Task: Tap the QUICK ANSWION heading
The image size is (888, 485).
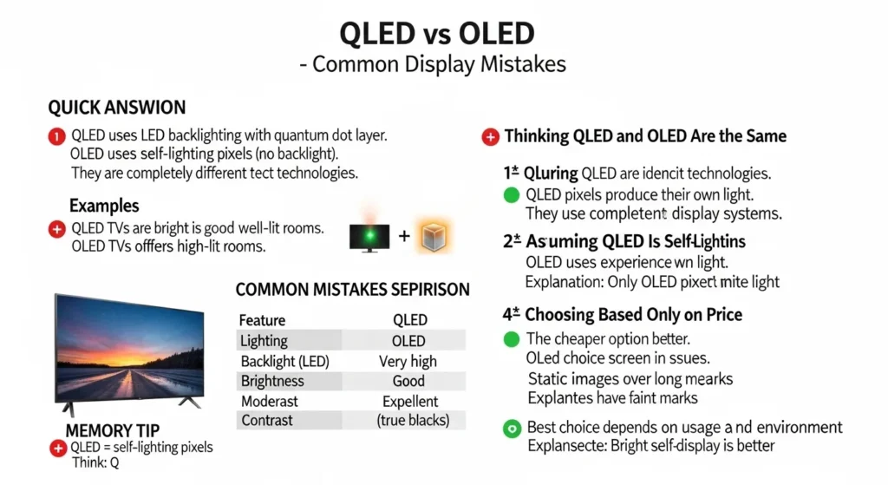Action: click(x=116, y=108)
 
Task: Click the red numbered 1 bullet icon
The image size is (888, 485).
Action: click(x=57, y=135)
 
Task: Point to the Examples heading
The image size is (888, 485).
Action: click(x=104, y=206)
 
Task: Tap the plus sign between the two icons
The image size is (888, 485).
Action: click(x=403, y=236)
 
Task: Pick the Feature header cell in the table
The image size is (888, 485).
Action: click(x=262, y=319)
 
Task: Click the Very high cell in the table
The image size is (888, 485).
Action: click(x=408, y=361)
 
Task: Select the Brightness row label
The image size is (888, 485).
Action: click(x=272, y=381)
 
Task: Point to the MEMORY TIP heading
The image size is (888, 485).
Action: click(x=113, y=430)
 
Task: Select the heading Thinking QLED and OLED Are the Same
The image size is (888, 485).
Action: click(x=645, y=136)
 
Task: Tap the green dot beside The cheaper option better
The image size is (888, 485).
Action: click(x=512, y=338)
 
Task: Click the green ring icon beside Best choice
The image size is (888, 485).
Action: click(x=512, y=428)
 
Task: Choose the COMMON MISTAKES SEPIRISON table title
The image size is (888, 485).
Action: click(x=352, y=289)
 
